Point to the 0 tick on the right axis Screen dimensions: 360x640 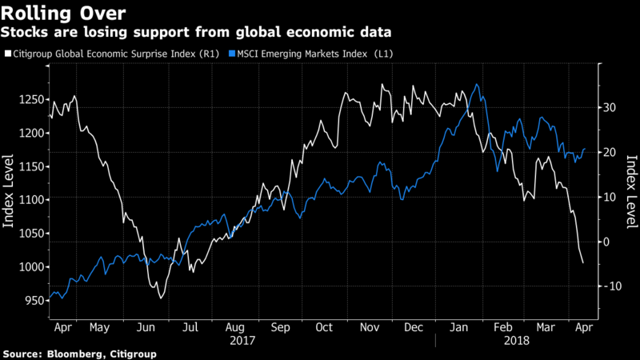tap(606, 242)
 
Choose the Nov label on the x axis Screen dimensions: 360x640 tap(370, 327)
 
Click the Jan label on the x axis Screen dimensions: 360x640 tap(458, 327)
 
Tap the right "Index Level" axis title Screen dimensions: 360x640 tap(630, 190)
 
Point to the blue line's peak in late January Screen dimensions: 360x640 tap(477, 84)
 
